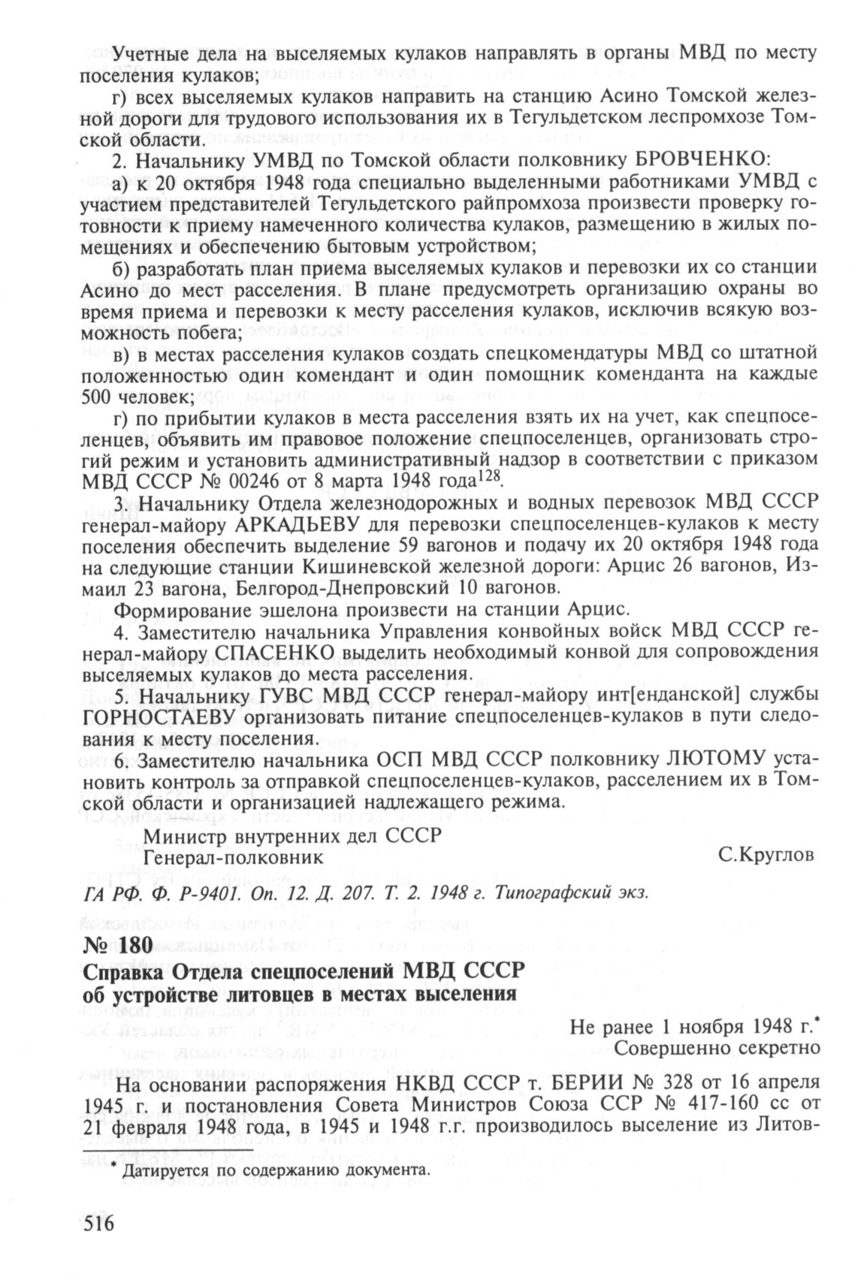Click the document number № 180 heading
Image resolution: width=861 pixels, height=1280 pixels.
pos(118,946)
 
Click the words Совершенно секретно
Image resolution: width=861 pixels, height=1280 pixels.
pos(714,1046)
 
